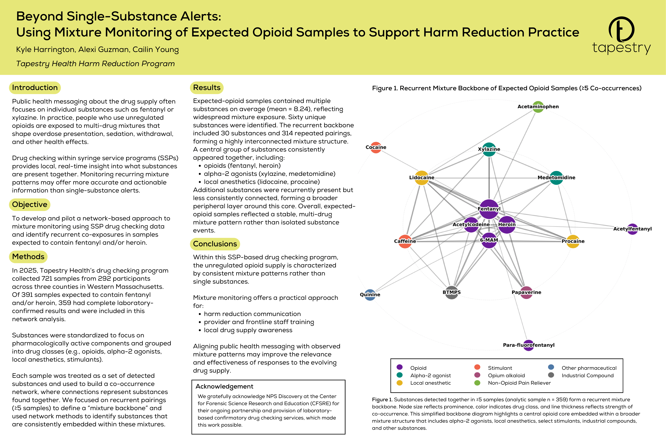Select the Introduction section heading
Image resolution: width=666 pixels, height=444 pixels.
[x=35, y=88]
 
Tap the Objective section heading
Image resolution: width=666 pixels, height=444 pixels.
[x=29, y=204]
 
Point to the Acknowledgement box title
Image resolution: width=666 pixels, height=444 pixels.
[x=224, y=387]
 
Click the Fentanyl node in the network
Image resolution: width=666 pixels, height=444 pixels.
[x=489, y=209]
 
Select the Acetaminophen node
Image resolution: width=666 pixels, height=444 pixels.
[x=538, y=107]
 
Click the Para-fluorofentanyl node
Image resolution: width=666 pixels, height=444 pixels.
[x=528, y=345]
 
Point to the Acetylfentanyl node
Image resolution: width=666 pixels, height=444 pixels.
[x=632, y=229]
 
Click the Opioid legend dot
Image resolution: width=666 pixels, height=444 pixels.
[x=400, y=367]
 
